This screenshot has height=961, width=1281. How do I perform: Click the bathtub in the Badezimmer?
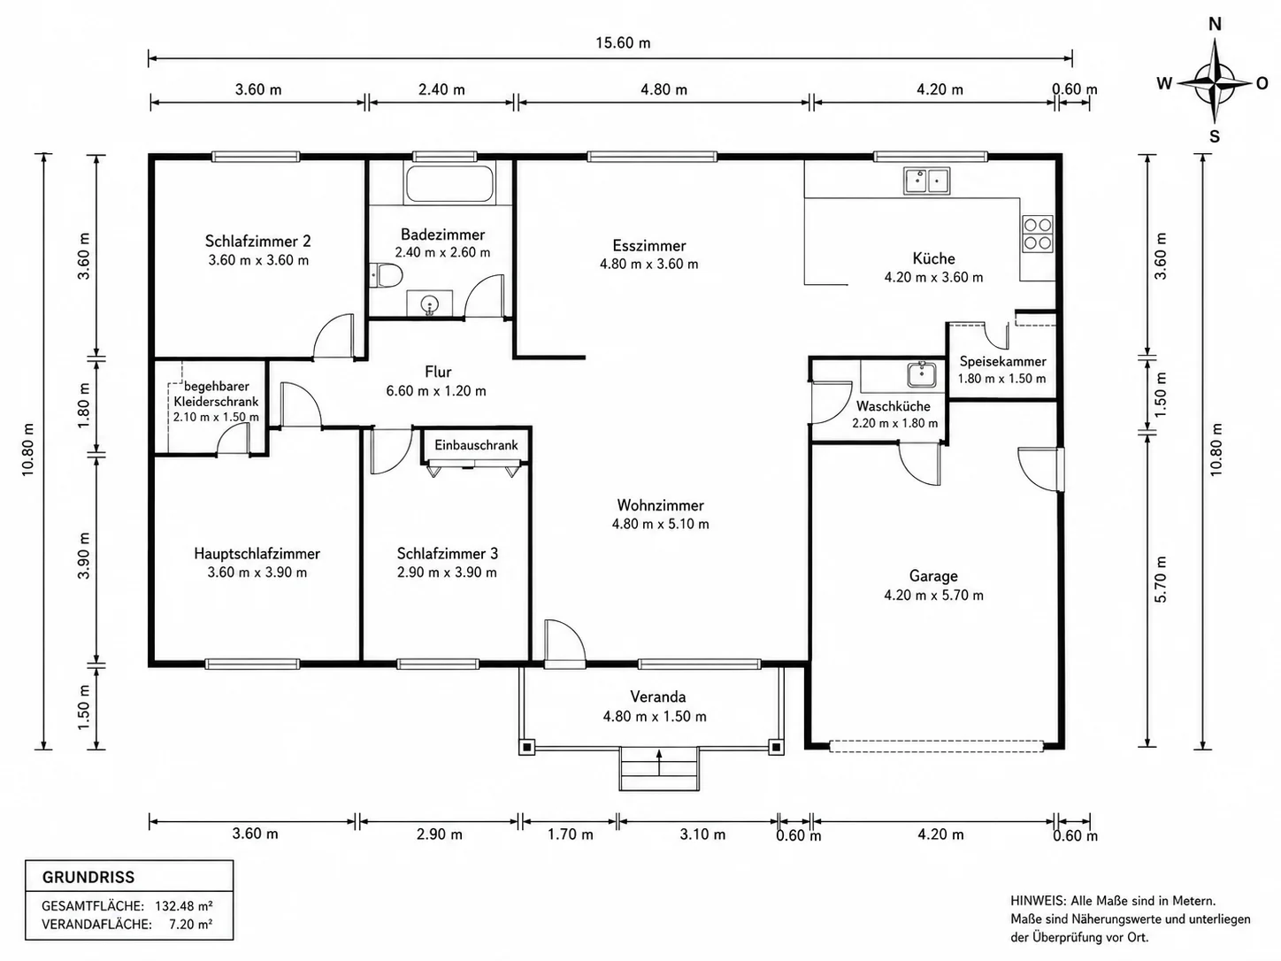coord(449,184)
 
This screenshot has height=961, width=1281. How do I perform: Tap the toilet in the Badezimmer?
coord(386,275)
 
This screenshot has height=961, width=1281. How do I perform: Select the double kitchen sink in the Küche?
coord(927,181)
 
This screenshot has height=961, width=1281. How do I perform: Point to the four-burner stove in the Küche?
coord(1038,234)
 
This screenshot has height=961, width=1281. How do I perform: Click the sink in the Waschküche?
coord(922,374)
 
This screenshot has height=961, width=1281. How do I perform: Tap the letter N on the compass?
coord(1215,24)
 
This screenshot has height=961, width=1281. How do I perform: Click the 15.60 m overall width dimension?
coord(623,42)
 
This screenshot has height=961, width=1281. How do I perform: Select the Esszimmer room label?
coord(649,245)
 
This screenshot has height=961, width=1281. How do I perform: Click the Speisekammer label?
coord(1002,361)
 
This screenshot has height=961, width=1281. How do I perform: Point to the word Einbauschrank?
coord(476,445)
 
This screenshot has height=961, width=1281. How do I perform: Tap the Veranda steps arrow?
coord(659,762)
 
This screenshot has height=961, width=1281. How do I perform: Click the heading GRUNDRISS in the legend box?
coord(88,877)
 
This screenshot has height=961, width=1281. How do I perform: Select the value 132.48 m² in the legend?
coord(183,905)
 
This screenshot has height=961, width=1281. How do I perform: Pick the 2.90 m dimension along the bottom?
coord(439,834)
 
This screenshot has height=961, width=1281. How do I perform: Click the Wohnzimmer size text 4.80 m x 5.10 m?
coord(660,524)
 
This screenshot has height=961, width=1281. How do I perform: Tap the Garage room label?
coord(933,576)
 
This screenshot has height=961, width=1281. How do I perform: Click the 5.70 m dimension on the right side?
coord(1161,579)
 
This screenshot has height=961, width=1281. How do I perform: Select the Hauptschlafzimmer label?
coord(257,553)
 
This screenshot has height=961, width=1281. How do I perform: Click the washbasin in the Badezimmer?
coord(430,304)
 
